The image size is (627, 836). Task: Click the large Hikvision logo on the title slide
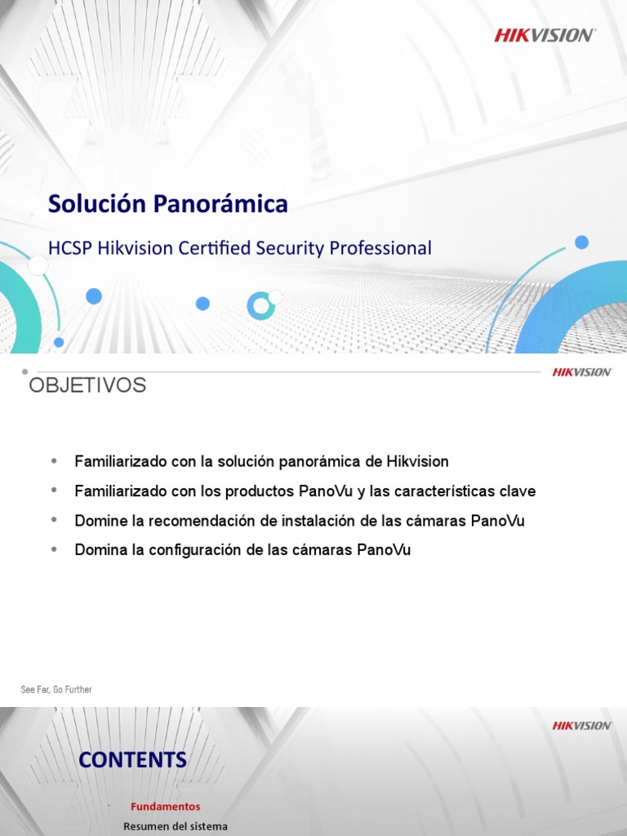(545, 34)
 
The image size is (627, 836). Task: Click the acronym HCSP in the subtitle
(69, 248)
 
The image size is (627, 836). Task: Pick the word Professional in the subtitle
(380, 248)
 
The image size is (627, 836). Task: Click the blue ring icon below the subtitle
(260, 305)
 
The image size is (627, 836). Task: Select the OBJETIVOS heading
(87, 385)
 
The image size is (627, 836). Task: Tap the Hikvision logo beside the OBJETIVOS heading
(581, 372)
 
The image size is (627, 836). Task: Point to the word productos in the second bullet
(265, 491)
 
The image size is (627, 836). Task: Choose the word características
(447, 491)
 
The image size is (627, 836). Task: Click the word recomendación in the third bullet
(180, 521)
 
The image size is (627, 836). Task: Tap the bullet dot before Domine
(55, 520)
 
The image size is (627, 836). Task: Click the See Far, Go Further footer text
(56, 690)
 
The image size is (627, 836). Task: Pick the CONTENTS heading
(132, 760)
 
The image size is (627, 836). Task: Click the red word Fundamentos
(165, 807)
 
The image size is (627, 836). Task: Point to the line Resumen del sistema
(176, 827)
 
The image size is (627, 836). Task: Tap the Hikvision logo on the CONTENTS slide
(581, 726)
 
